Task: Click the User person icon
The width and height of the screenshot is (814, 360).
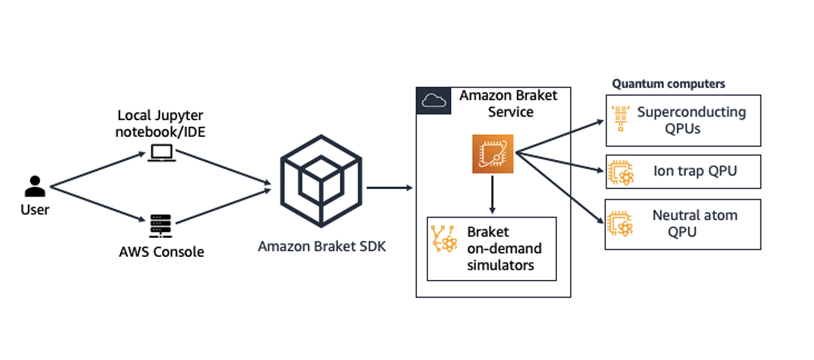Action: [x=35, y=186]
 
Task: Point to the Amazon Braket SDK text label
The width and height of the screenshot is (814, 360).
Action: [x=322, y=246]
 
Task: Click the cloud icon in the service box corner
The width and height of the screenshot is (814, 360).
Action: [x=431, y=101]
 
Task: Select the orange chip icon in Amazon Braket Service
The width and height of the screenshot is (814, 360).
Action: [x=492, y=154]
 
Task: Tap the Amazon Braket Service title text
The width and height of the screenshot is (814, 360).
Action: [x=508, y=103]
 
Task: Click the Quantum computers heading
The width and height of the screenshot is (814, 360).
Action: [x=668, y=84]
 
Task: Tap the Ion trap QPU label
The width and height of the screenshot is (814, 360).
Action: [x=695, y=171]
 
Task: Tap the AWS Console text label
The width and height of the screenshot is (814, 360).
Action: [x=161, y=252]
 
